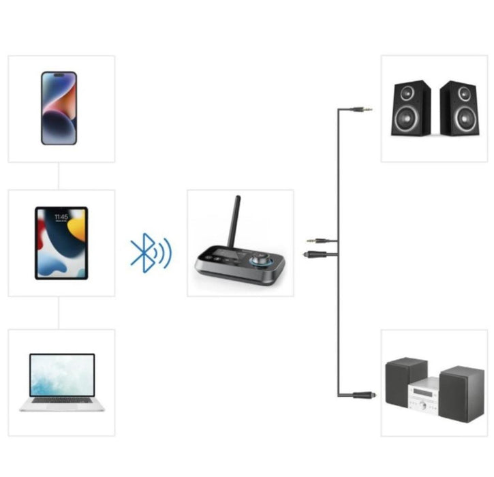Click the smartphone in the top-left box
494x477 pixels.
(x=59, y=108)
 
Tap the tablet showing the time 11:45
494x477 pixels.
(x=61, y=243)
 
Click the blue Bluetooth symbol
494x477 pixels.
(x=143, y=253)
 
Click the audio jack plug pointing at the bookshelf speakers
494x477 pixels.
(x=361, y=109)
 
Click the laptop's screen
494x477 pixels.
(x=62, y=375)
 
